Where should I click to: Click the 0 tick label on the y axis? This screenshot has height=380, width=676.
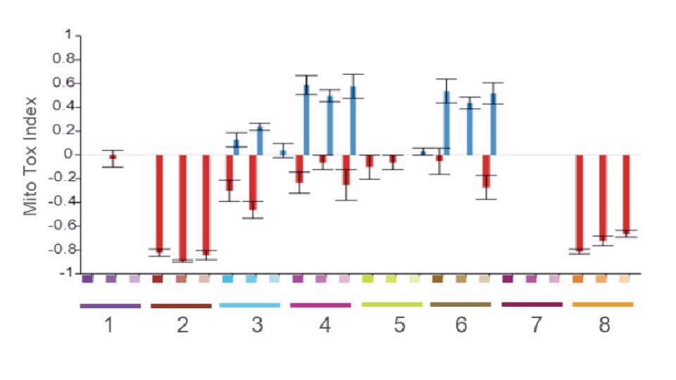68,155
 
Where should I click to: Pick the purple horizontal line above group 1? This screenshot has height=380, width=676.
111,306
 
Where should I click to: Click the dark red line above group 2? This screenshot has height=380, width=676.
181,306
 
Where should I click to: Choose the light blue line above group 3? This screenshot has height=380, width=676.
250,305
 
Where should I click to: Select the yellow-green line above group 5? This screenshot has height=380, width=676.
392,305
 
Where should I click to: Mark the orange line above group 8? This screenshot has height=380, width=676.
603,305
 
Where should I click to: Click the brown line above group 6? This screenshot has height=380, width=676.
461,305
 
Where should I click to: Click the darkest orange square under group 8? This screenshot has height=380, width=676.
578,279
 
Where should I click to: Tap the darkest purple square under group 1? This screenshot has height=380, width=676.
87,279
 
